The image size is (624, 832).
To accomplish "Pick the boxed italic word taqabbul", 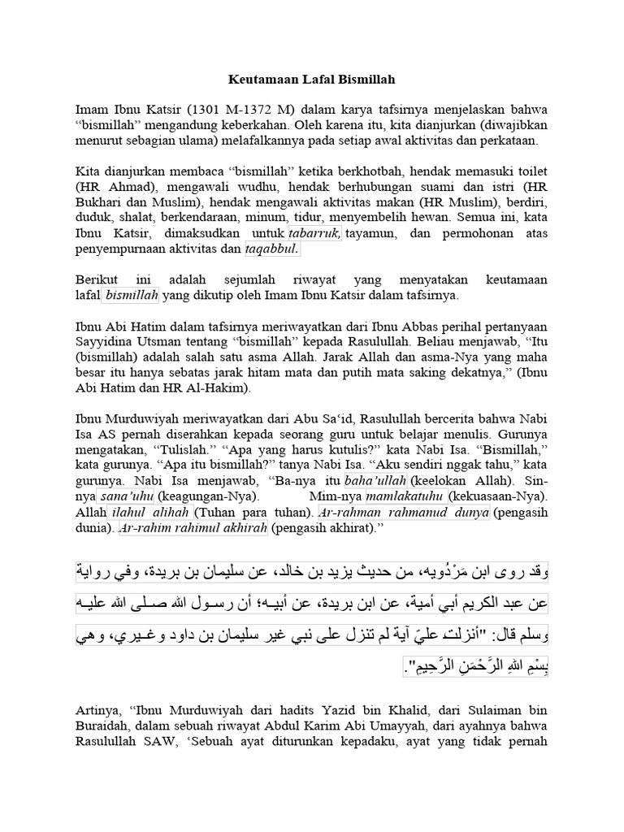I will pos(272,248).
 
